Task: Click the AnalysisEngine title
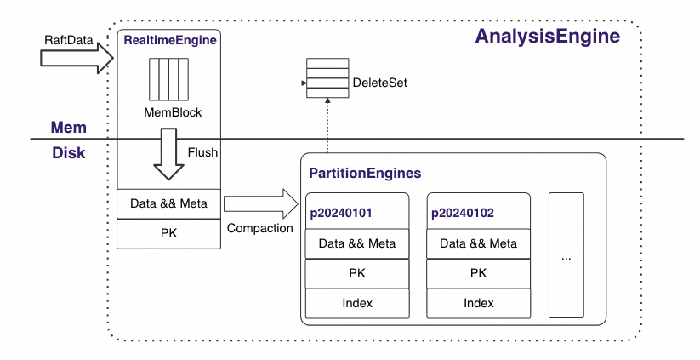coord(547,37)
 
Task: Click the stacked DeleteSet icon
coord(327,77)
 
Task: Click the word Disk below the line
coord(70,152)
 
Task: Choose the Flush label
coord(203,153)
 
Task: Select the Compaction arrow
coord(259,204)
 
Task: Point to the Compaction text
coord(260,229)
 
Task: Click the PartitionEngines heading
coord(365,173)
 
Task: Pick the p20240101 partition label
coord(341,213)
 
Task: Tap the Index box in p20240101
coord(357,302)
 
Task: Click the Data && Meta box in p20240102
coord(478,243)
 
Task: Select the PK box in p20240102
coord(478,273)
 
